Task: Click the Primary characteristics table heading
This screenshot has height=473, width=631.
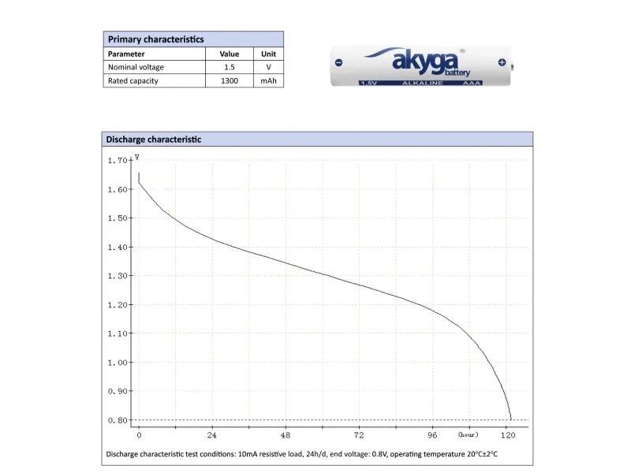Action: click(x=155, y=39)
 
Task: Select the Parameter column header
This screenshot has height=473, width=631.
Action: click(x=126, y=54)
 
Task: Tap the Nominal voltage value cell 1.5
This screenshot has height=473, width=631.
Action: click(x=229, y=67)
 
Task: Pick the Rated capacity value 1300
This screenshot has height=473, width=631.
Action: click(x=229, y=80)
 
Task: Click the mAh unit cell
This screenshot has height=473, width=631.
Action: click(x=268, y=80)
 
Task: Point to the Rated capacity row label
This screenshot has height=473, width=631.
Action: click(x=133, y=80)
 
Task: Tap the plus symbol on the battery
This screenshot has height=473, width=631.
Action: click(x=502, y=61)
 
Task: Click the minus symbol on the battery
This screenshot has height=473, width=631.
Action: click(x=338, y=61)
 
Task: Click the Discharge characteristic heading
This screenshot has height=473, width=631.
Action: click(x=153, y=140)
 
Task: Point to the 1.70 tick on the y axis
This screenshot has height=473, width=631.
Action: click(x=117, y=160)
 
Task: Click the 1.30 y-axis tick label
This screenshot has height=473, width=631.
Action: click(x=117, y=276)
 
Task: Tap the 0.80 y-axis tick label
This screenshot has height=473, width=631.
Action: click(x=117, y=420)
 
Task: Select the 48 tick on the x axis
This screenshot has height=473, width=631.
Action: click(x=286, y=435)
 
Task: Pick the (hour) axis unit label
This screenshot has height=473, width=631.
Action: click(x=468, y=434)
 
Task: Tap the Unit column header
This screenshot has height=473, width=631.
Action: click(x=268, y=54)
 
